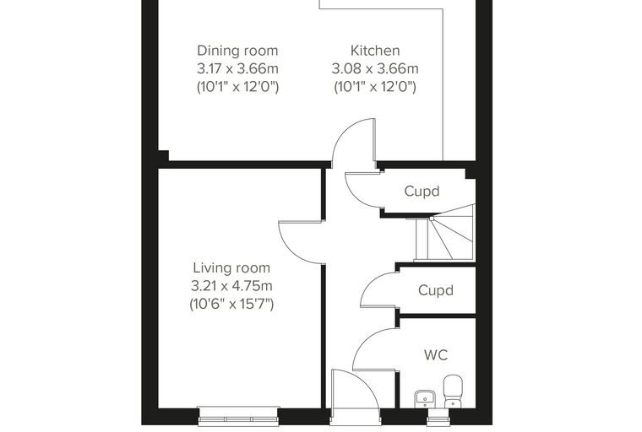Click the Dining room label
point(237,51)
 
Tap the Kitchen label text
point(375,51)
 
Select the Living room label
point(231,268)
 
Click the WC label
point(436,355)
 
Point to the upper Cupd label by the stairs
point(422,191)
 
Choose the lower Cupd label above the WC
point(436,290)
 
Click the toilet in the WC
point(453,391)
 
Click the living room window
point(238,416)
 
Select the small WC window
point(439,417)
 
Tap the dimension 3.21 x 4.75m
point(231,286)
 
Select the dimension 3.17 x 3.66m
point(237,68)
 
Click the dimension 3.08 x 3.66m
point(375,68)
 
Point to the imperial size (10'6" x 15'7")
point(231,304)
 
